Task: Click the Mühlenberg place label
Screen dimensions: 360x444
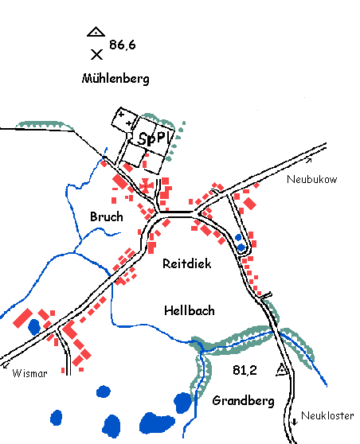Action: pos(115,79)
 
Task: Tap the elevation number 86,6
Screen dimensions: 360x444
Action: pos(123,45)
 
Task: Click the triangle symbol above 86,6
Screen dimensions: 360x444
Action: pos(96,32)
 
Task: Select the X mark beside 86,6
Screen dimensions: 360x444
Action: pos(96,54)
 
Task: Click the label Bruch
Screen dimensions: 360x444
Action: pos(107,217)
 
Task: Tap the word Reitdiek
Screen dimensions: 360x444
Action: pos(187,263)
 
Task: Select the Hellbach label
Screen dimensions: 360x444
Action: pos(190,310)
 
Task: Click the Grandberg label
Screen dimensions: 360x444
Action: pos(243,401)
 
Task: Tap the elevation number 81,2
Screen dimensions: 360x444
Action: pos(245,370)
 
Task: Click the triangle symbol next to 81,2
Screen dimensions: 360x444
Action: pos(281,370)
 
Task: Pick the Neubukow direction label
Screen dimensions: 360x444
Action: pos(311,179)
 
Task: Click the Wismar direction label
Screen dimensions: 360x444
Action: pos(29,373)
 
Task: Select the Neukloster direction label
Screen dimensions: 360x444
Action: pos(327,415)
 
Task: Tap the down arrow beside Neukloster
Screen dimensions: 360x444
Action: pos(295,422)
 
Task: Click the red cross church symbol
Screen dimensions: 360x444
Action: pos(146,185)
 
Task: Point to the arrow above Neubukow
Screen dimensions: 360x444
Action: pos(309,161)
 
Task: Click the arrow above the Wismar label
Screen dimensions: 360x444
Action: pos(6,364)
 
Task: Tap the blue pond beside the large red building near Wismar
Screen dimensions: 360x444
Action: pos(34,327)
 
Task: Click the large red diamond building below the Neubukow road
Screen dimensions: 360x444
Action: pos(249,204)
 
